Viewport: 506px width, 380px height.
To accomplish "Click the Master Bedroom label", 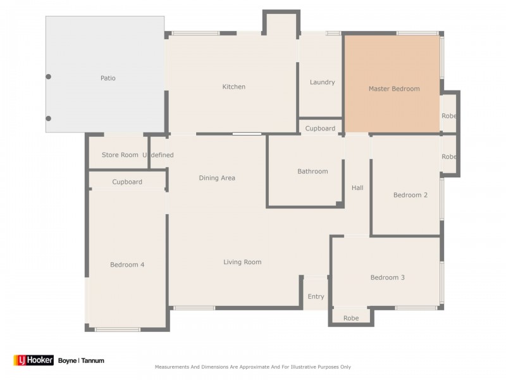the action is coord(394,89).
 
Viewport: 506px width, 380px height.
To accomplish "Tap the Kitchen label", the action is coord(233,87).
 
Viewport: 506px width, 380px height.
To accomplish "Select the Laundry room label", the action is coord(322,82).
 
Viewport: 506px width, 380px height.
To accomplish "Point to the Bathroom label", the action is coord(312,171).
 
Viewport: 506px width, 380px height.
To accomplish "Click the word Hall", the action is coord(357,187).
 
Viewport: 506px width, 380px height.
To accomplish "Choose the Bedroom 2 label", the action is coord(410,195).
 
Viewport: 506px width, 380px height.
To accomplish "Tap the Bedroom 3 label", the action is coord(387,277).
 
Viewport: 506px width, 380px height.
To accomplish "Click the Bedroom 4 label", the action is coord(127,265).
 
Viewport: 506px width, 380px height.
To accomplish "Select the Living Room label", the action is coord(242,262).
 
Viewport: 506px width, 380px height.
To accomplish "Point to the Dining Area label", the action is coord(217,178).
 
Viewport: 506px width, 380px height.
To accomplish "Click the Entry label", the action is coord(316,296).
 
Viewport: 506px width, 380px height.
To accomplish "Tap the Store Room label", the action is coord(120,155).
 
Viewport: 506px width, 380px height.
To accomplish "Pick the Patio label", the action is coord(108,78).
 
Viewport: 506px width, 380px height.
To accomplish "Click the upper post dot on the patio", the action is coord(49,77).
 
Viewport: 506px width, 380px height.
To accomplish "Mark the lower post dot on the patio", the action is coord(49,118).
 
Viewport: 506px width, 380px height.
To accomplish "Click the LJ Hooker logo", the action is coord(34,360).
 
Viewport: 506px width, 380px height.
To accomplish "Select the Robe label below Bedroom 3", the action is coord(351,319).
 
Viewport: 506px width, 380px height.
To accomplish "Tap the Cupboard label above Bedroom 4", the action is coord(127,182).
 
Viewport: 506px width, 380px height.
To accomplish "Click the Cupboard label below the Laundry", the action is coord(320,129).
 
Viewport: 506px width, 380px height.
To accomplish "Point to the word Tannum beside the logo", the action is coord(92,360).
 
